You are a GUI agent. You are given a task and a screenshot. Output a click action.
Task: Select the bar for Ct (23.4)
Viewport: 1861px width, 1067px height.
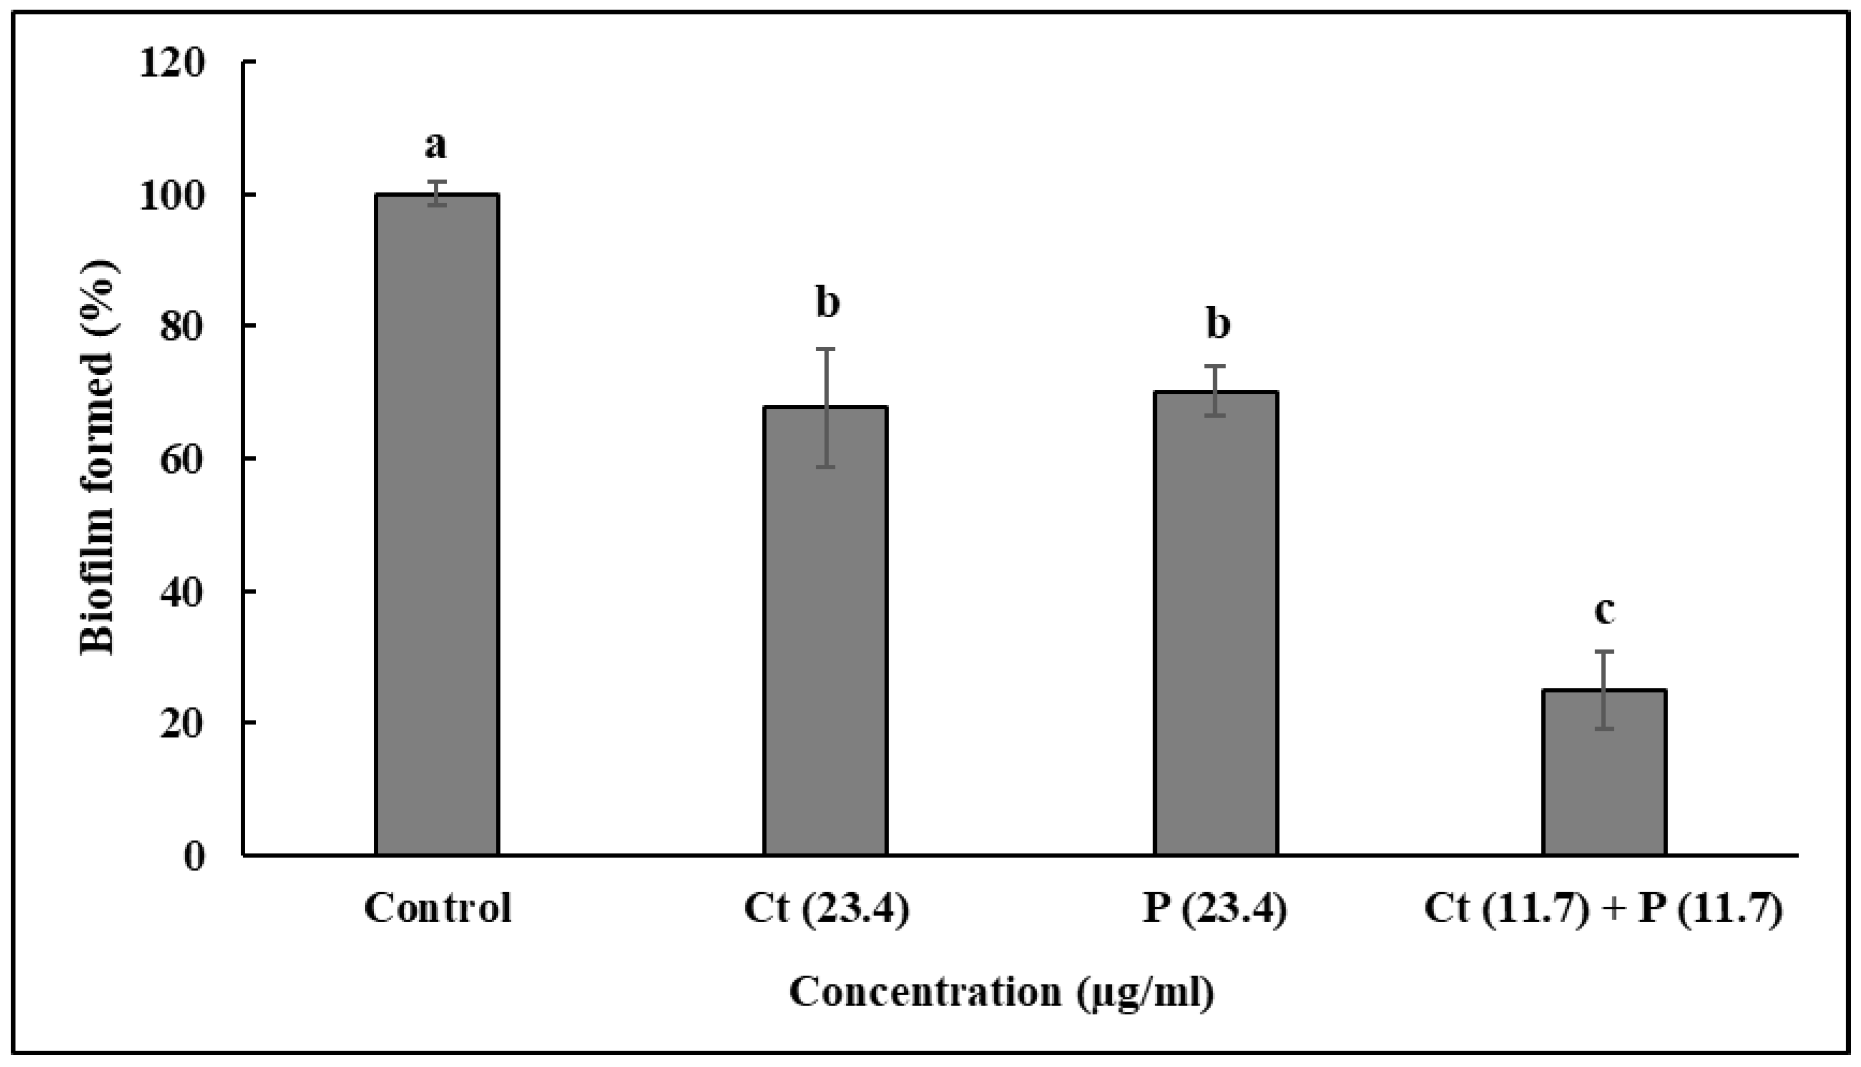coord(825,630)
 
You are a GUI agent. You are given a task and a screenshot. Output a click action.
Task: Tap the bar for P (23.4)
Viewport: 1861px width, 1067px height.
coord(1216,623)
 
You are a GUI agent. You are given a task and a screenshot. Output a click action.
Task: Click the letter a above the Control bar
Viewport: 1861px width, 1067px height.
coord(435,146)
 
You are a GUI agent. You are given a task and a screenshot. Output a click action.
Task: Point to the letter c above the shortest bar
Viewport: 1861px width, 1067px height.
coord(1605,611)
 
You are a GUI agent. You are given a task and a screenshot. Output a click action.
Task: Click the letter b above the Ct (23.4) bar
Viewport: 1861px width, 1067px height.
coord(828,303)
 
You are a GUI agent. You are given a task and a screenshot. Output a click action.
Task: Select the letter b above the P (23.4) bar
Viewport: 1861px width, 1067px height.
coord(1217,324)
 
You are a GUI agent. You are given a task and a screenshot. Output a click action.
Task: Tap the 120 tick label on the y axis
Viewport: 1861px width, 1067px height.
coord(174,64)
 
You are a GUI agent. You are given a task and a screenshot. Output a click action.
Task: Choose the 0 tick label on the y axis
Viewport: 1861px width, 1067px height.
coord(194,856)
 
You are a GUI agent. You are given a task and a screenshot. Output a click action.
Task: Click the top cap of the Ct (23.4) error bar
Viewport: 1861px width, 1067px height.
coord(826,350)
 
